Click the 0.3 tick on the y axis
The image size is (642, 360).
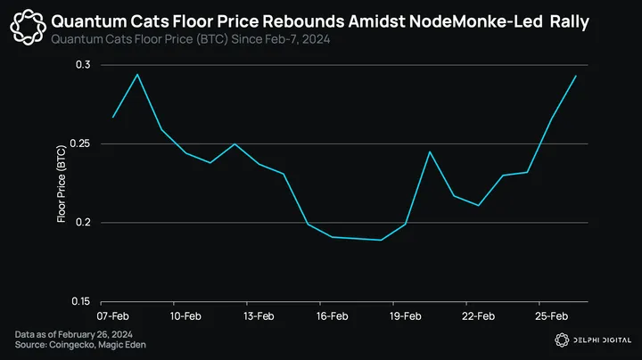point(83,65)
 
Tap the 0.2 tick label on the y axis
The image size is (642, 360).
point(83,222)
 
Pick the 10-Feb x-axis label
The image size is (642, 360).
point(185,315)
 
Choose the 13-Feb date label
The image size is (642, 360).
point(259,315)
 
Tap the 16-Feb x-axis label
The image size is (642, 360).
point(332,315)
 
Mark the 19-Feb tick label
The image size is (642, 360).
point(405,315)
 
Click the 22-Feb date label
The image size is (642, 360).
point(479,315)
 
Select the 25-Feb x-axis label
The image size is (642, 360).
point(552,315)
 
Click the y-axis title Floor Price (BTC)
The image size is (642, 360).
point(62,184)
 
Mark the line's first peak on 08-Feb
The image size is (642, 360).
point(137,74)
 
